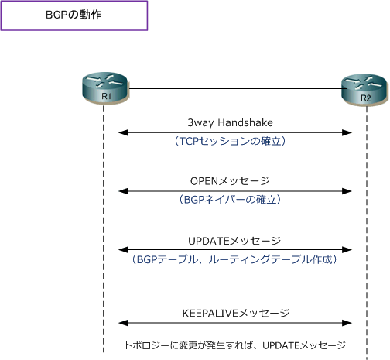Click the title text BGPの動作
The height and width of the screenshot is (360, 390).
point(74,15)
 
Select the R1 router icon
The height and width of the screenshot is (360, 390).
point(105,88)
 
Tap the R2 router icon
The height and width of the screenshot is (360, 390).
point(364,90)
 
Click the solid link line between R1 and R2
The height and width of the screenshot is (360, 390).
point(238,88)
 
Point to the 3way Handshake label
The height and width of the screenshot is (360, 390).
point(230,122)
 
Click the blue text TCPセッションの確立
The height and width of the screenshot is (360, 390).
point(230,141)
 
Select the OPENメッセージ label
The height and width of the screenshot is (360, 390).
point(230,181)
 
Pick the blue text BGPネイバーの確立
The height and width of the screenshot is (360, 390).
point(230,200)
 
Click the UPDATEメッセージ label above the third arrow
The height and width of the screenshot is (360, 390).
point(234,241)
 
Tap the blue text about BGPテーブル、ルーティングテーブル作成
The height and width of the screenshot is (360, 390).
point(234,259)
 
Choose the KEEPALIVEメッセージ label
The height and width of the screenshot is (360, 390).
point(236,314)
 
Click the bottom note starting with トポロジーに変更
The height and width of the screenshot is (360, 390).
point(235,345)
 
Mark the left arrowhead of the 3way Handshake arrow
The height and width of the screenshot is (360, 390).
point(123,133)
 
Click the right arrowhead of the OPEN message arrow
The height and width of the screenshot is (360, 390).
point(347,191)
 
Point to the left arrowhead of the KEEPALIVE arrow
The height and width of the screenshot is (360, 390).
point(123,323)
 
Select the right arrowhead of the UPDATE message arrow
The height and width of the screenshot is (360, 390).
point(347,249)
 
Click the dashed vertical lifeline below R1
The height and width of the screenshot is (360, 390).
point(104,228)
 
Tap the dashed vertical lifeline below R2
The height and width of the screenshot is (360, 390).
point(367,232)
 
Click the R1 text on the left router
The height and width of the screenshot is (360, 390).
point(106,96)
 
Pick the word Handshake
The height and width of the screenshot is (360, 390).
point(245,122)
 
